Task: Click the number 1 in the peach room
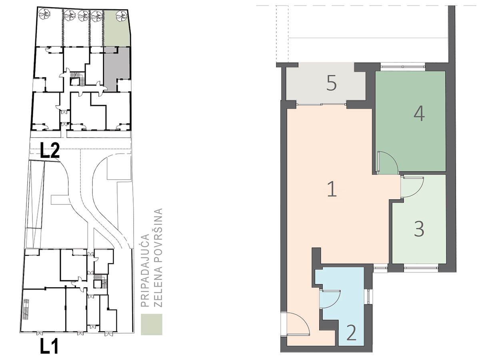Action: tap(332, 189)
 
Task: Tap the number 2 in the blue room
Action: tap(352, 333)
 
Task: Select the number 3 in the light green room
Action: tap(419, 229)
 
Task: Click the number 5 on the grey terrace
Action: tap(332, 83)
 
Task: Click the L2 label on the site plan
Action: tap(50, 150)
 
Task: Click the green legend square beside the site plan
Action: tap(152, 324)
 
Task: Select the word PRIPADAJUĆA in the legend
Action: tap(145, 270)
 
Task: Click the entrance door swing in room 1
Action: tap(298, 324)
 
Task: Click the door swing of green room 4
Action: tap(388, 162)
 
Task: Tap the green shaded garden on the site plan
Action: tap(117, 28)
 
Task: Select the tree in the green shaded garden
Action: tap(122, 16)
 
